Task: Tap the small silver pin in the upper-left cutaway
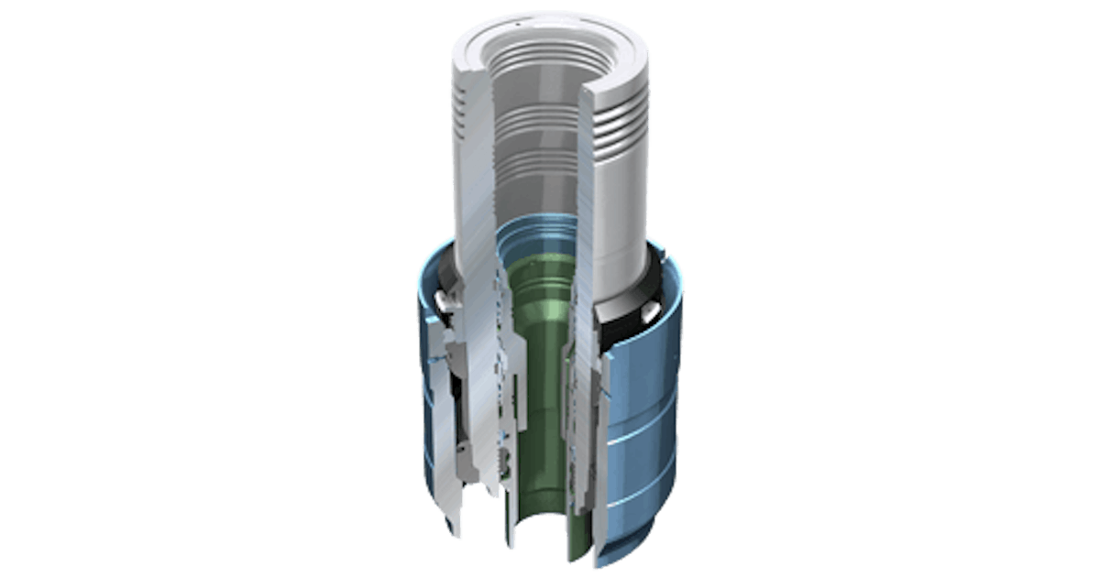pyautogui.click(x=446, y=299)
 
